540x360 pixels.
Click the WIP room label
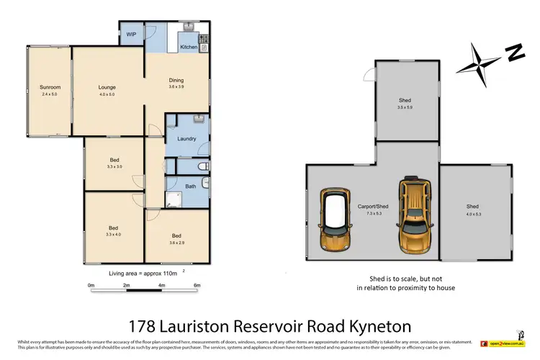131,34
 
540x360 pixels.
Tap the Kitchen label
189,47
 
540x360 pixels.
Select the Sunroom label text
50,88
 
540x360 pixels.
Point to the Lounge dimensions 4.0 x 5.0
107,94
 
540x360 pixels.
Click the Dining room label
176,80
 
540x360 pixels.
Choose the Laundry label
177,139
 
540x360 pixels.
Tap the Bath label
190,186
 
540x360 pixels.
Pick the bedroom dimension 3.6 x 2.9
176,243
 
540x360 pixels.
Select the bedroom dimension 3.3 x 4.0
113,235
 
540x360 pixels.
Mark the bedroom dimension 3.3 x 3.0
114,166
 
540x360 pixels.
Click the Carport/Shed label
372,207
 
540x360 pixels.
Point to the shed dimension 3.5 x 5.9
405,107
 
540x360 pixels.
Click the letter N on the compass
513,52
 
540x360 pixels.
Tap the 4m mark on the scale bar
161,285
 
